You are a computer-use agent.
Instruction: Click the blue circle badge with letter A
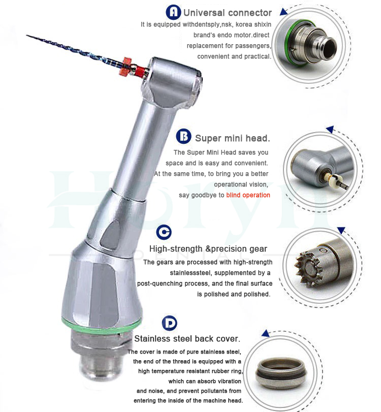click(173, 12)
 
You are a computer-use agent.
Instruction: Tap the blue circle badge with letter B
click(184, 136)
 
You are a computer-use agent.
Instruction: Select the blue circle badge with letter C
click(164, 232)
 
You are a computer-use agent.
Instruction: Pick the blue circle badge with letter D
click(170, 323)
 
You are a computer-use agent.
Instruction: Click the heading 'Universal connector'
click(228, 13)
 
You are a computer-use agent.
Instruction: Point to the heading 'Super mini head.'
click(233, 138)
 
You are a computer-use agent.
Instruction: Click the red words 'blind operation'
click(248, 195)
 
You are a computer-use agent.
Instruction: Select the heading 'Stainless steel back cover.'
click(187, 339)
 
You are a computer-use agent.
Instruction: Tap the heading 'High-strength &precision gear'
click(208, 249)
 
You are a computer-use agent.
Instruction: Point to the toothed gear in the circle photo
click(309, 269)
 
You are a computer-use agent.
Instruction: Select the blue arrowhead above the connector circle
click(283, 12)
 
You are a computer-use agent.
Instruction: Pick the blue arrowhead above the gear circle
click(341, 230)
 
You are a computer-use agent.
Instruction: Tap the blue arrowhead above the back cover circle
click(266, 333)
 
